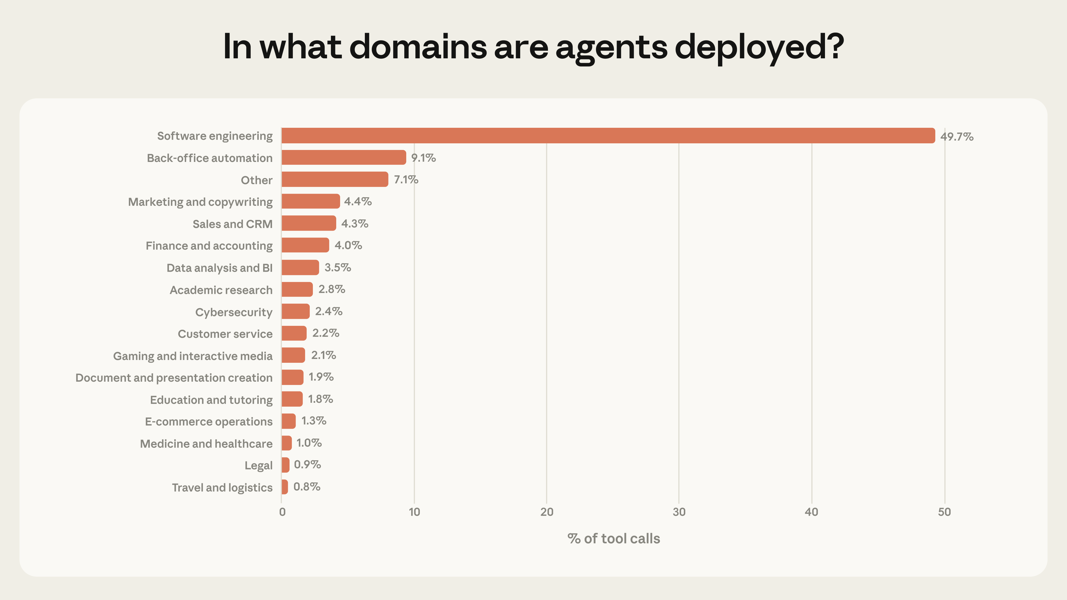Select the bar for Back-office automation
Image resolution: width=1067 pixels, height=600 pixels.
point(343,157)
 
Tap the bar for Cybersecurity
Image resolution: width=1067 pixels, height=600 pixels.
point(295,311)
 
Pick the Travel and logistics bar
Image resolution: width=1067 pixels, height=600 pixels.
point(285,487)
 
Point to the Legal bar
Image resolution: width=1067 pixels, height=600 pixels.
point(285,465)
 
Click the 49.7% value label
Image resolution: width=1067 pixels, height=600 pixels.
point(956,137)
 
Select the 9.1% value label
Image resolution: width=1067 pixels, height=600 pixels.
point(423,158)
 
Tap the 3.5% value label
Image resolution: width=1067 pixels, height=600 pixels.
point(338,267)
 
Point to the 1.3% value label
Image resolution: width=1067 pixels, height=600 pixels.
point(313,421)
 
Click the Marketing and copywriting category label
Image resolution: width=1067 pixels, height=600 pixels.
point(200,202)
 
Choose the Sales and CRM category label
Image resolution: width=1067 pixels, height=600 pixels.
point(232,224)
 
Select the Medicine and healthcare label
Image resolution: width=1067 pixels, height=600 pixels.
point(206,444)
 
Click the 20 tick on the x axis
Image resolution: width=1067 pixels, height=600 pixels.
point(546,512)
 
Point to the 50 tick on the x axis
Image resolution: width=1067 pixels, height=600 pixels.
point(944,512)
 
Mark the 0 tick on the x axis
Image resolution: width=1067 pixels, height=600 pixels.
point(282,512)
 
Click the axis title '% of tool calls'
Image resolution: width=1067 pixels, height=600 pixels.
point(614,539)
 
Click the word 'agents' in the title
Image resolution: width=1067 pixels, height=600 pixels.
point(611,47)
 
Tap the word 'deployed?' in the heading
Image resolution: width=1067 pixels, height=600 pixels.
point(759,47)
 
